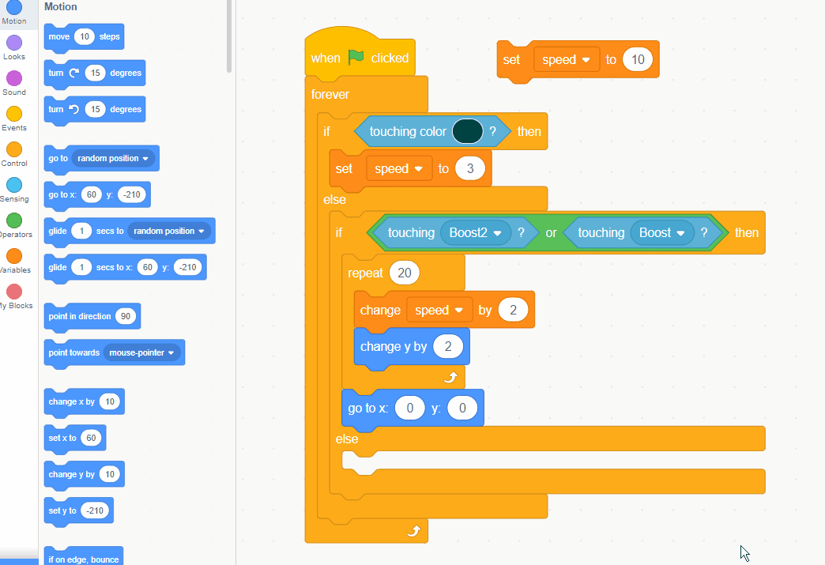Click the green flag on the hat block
(x=356, y=58)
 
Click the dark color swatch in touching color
(x=467, y=131)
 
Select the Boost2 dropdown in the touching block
(x=475, y=232)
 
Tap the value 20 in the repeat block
(x=405, y=273)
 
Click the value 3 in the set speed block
(x=469, y=168)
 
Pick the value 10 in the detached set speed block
(x=638, y=59)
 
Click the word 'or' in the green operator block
(x=551, y=232)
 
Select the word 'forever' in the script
(x=330, y=94)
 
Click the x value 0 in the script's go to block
(x=409, y=409)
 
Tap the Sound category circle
(x=14, y=78)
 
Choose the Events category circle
(x=14, y=114)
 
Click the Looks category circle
(x=14, y=43)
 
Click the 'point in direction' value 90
(x=125, y=316)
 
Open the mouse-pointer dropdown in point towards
(x=142, y=352)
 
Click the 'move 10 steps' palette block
(x=84, y=36)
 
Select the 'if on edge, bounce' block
(x=84, y=559)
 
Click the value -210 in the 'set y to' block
(x=95, y=510)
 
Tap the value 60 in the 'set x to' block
(x=92, y=438)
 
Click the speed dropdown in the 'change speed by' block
(x=439, y=310)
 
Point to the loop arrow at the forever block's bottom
(x=412, y=531)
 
